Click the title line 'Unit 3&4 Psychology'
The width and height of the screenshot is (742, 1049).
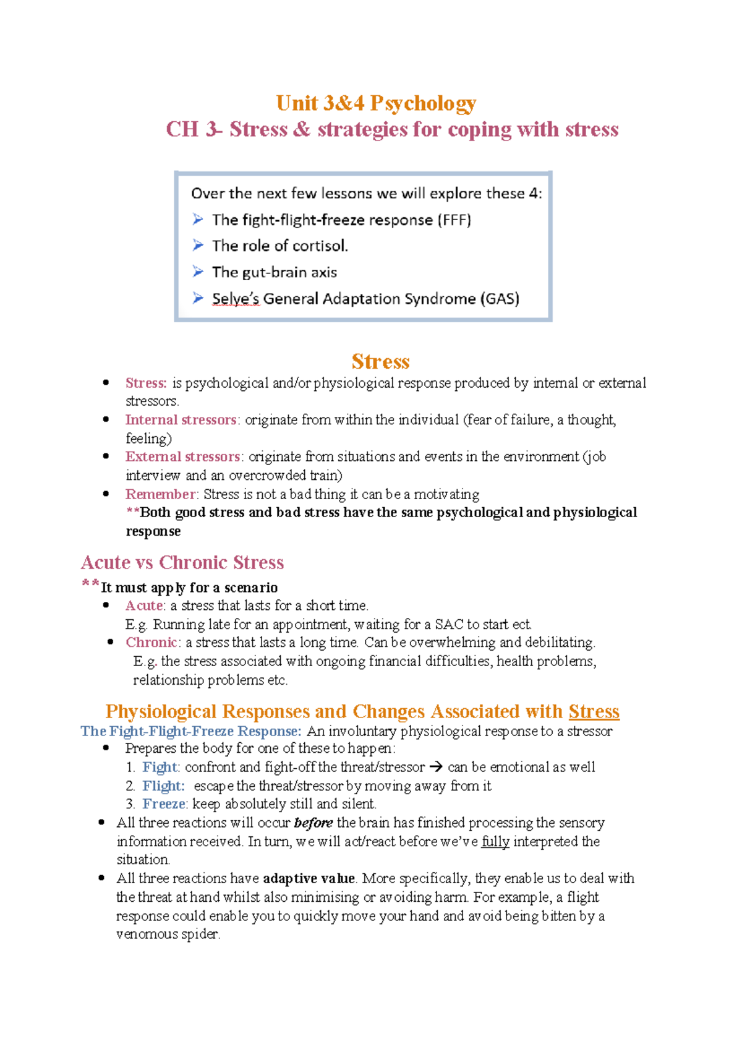(376, 103)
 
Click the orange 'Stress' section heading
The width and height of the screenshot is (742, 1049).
(380, 361)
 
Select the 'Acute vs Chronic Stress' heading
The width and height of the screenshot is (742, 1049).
(182, 562)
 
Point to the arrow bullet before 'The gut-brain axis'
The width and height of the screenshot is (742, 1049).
(198, 272)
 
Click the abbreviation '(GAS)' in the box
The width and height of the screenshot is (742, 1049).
(499, 299)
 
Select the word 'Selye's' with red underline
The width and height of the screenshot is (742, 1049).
(236, 299)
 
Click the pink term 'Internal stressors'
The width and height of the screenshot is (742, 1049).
(181, 420)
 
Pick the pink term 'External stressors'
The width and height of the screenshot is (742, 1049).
(182, 456)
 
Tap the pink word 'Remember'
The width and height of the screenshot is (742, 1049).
(161, 494)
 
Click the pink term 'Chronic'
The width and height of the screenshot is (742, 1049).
(151, 642)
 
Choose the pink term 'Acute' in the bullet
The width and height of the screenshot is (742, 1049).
(145, 605)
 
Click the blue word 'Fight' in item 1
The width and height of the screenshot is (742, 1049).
(160, 767)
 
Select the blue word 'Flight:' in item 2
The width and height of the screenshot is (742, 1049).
(163, 786)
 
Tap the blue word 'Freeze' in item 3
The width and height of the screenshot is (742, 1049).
(164, 803)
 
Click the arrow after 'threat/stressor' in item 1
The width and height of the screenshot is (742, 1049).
(436, 767)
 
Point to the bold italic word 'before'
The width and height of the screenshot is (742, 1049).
(313, 823)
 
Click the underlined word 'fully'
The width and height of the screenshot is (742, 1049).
(495, 841)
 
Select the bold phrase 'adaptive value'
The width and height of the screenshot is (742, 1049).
(309, 878)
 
